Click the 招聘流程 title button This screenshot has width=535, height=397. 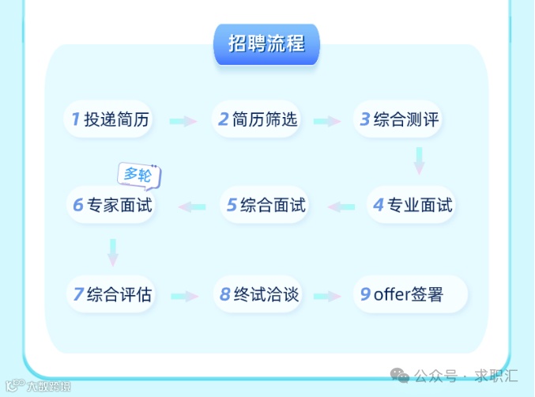pos(266,43)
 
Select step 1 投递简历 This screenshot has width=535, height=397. pos(109,119)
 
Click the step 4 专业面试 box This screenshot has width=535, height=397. pos(413,205)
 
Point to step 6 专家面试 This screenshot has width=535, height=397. pos(111,205)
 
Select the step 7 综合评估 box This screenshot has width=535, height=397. pos(111,295)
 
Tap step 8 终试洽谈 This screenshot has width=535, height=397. pos(259,295)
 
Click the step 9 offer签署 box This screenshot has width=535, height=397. pos(410,295)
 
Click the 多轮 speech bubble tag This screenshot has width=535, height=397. pos(138,174)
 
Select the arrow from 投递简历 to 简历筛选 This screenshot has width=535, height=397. pos(183,121)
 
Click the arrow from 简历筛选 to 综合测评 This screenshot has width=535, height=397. pos(326,121)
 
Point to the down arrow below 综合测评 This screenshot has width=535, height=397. pos(419,161)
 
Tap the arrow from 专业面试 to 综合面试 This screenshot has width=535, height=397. pos(341,206)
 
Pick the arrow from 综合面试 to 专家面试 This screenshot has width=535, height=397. pos(192,206)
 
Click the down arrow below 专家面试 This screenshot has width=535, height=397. pos(113,252)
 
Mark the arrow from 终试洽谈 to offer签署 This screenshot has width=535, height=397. pos(326,296)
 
